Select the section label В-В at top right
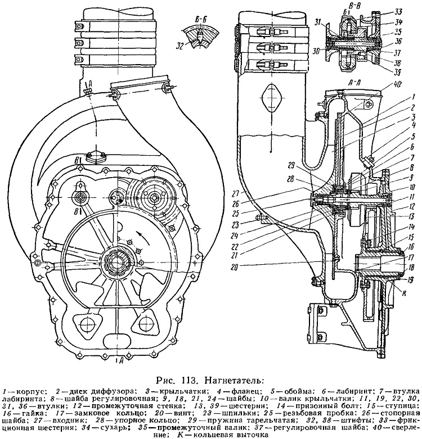point(351,5)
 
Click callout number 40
point(392,83)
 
